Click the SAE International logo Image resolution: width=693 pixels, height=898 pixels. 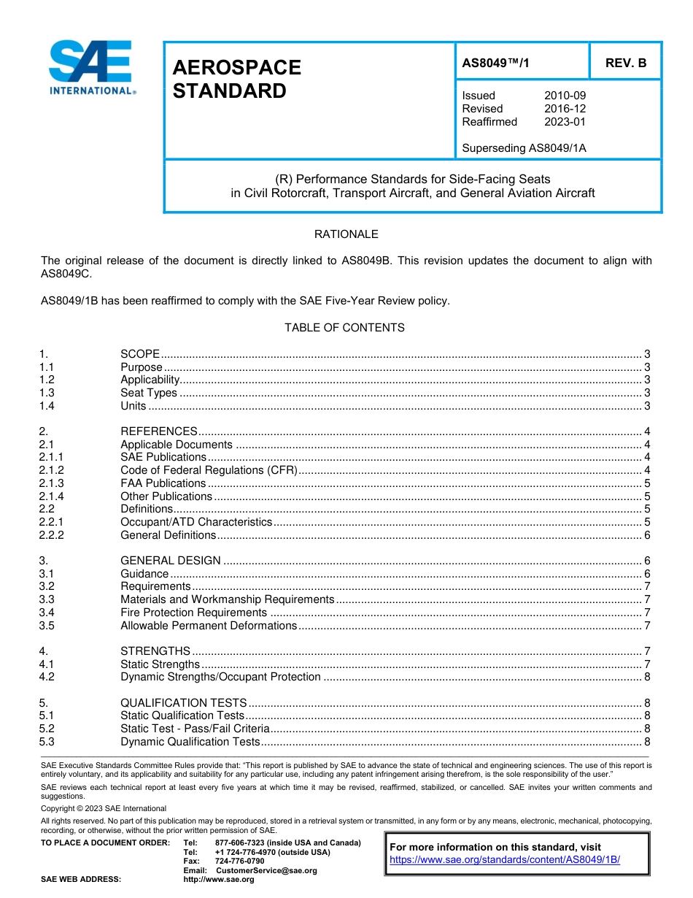91,68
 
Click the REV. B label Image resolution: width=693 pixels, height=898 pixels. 625,63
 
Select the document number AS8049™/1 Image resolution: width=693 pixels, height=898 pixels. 495,64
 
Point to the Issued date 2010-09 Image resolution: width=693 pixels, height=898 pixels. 565,96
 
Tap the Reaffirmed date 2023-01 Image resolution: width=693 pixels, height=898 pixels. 565,122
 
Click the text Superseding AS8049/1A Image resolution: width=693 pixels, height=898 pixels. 524,148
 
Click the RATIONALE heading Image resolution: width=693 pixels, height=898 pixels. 346,234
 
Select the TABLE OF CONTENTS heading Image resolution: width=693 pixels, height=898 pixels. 344,328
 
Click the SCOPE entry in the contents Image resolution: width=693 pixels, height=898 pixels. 140,354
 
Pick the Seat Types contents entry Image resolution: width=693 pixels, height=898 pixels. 149,393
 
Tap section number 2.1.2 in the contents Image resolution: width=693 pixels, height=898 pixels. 52,470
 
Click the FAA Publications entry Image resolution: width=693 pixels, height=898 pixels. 163,483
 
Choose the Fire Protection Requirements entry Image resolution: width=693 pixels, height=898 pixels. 194,613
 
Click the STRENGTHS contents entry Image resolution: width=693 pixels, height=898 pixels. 155,651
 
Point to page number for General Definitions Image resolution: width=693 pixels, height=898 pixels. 647,535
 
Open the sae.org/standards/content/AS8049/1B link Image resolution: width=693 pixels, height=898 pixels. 505,860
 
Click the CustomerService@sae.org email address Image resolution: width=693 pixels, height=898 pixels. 266,870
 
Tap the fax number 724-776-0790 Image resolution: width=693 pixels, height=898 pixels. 239,861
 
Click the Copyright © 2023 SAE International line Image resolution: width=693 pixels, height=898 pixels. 104,808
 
